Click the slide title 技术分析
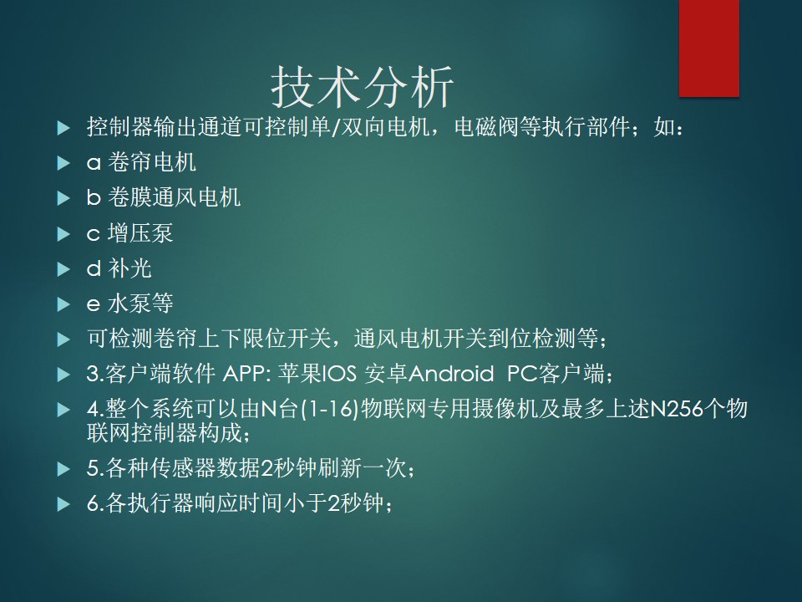(x=362, y=87)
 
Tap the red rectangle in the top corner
(x=709, y=48)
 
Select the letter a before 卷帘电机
(x=94, y=163)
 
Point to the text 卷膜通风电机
(x=174, y=197)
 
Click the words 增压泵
(x=140, y=233)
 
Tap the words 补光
(x=130, y=268)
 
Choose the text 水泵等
(x=140, y=304)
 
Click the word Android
(x=451, y=374)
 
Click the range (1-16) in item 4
(x=330, y=410)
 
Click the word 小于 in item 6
(x=306, y=503)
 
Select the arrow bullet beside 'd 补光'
(x=63, y=269)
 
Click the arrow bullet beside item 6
(x=63, y=504)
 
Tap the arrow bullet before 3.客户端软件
(x=63, y=375)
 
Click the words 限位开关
(x=287, y=339)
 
